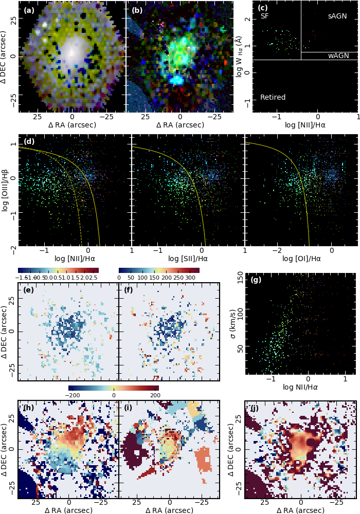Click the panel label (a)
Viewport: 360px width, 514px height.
[x=29, y=10]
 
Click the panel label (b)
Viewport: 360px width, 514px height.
[x=137, y=10]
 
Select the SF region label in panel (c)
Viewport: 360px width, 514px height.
[x=265, y=16]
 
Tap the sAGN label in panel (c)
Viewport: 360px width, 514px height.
[x=337, y=16]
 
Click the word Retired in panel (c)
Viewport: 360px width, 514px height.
[x=273, y=97]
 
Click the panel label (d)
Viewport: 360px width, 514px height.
[x=29, y=141]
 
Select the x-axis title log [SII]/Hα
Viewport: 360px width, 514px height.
[x=188, y=259]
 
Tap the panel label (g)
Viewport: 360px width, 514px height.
[x=256, y=280]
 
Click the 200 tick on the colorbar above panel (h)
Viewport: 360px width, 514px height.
[x=155, y=395]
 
